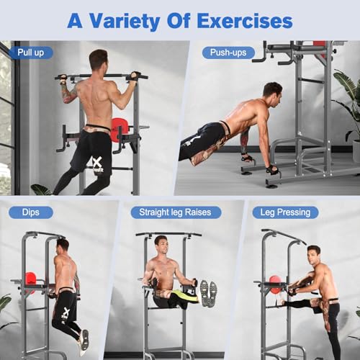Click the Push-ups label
click(226, 52)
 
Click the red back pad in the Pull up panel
click(120, 129)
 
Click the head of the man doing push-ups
click(272, 91)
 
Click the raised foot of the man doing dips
click(84, 340)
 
